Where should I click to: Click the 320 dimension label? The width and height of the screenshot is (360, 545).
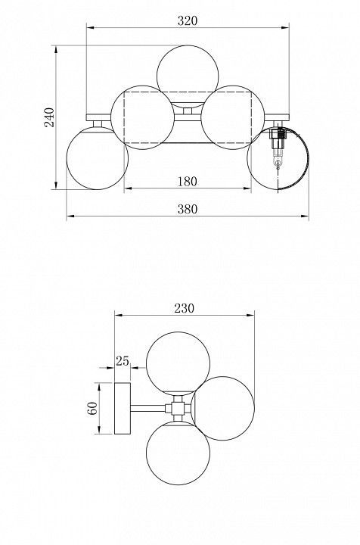tap(188, 21)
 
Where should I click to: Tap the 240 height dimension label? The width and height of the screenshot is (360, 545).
tap(49, 117)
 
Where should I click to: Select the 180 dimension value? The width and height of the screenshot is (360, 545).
tap(188, 182)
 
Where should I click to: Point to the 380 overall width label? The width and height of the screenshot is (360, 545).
tap(188, 209)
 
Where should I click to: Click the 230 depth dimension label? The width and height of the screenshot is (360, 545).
tap(185, 308)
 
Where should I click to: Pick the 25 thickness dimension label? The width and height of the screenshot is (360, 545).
tap(123, 361)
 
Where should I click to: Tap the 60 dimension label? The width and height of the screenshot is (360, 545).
tap(92, 409)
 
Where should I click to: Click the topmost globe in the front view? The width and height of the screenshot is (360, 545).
tap(188, 76)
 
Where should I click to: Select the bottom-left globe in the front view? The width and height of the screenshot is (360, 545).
tap(98, 158)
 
